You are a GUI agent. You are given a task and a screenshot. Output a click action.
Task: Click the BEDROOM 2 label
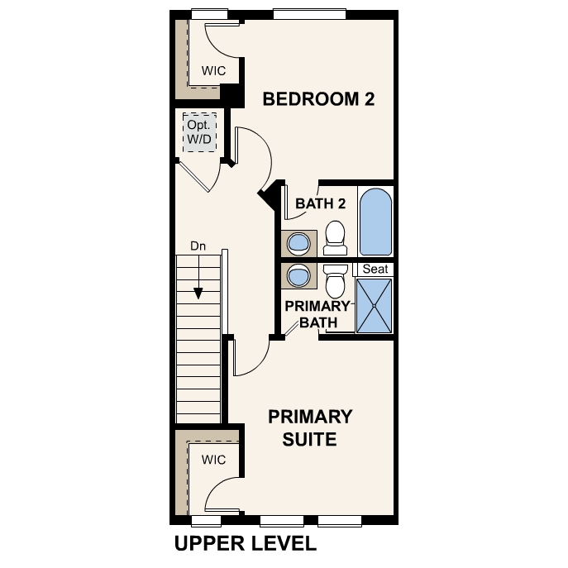tap(318, 100)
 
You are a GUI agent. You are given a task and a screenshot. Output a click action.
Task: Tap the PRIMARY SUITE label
tap(310, 427)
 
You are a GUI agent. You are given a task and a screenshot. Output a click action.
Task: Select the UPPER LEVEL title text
tap(245, 543)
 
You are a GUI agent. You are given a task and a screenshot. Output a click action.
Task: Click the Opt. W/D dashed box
tap(199, 132)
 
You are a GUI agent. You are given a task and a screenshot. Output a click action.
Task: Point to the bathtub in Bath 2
tap(375, 221)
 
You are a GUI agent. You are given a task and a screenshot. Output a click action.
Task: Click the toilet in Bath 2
tap(335, 237)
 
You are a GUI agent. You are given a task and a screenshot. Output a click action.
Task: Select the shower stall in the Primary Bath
tap(375, 305)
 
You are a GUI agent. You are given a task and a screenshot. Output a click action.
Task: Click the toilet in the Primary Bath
tap(335, 281)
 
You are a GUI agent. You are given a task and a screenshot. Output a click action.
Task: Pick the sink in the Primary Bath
tap(297, 274)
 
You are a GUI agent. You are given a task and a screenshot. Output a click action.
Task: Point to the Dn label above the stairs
tap(198, 246)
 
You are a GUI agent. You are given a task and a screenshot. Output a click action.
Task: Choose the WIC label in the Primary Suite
tap(214, 459)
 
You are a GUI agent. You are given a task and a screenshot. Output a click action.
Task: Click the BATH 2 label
tap(320, 203)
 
